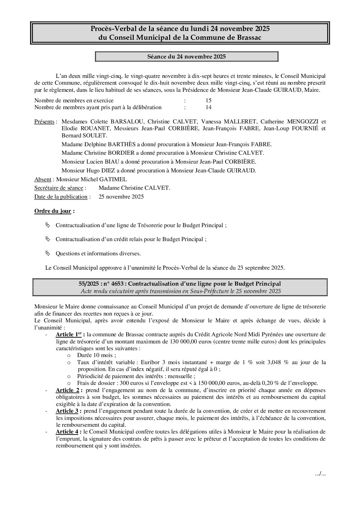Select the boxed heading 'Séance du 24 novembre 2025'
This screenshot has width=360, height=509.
pos(186,57)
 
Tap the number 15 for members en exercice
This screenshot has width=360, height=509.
pos(209,100)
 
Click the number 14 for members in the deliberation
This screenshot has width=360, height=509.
pos(209,107)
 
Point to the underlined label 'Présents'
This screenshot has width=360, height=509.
pos(44,122)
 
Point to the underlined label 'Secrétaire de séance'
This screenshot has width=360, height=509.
pos(59,188)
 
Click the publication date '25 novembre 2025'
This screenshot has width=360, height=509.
pos(121,197)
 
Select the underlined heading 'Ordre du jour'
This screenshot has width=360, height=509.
pos(53,211)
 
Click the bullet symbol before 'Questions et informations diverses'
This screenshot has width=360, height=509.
pos(48,253)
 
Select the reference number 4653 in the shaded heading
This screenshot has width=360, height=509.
pos(118,284)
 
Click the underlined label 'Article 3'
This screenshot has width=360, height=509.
pos(67,411)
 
